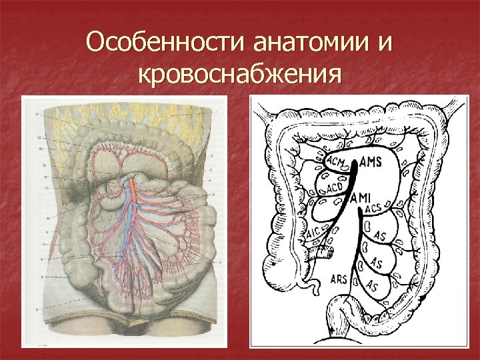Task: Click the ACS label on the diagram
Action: click(x=374, y=211)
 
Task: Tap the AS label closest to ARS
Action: click(x=371, y=286)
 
